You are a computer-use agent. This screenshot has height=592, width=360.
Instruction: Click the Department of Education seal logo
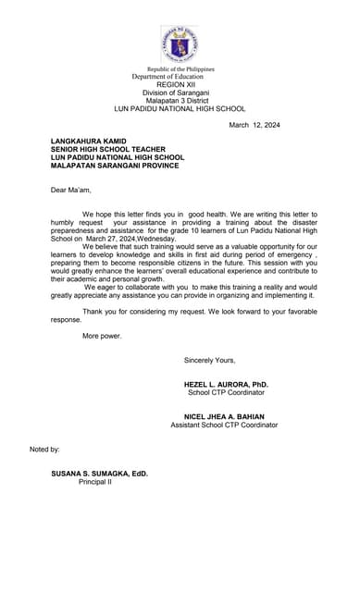(x=179, y=44)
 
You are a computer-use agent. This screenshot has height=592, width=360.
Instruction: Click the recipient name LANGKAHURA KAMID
(x=90, y=141)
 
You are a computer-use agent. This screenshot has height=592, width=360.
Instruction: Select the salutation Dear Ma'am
(x=69, y=190)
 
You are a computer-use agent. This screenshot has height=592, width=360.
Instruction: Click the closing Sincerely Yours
(x=210, y=359)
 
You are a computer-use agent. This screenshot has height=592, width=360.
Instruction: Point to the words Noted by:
(x=45, y=449)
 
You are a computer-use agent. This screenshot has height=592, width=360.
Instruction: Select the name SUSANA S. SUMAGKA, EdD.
(x=99, y=473)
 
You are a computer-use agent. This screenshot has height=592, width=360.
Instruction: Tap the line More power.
(x=102, y=336)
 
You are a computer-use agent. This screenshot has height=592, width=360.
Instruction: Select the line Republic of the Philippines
(x=180, y=69)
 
